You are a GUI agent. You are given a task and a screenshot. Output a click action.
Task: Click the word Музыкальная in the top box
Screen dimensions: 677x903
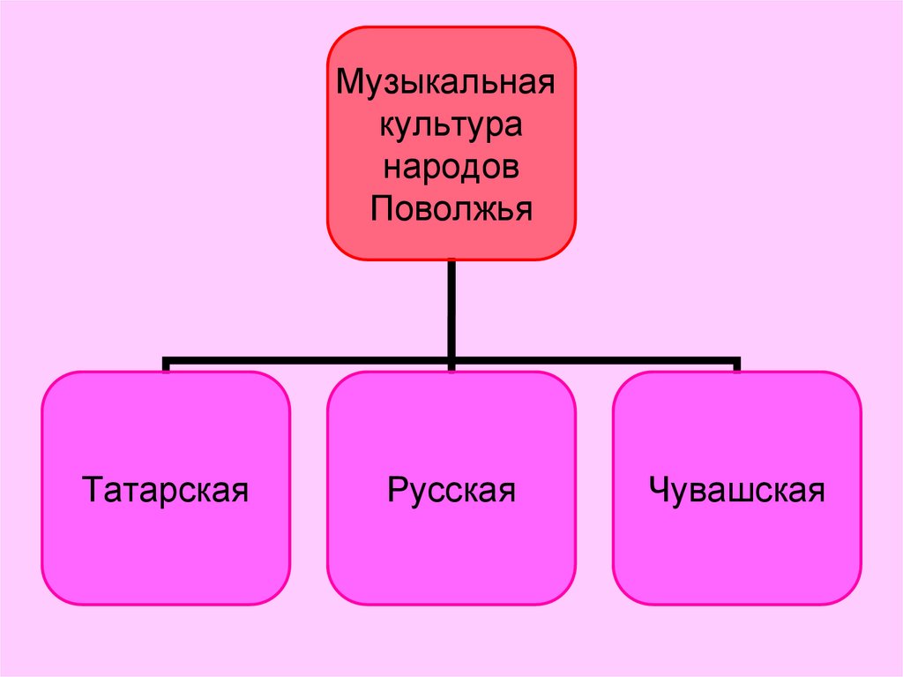coord(447,86)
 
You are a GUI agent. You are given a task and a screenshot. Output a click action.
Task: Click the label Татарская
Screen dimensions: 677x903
coord(166,489)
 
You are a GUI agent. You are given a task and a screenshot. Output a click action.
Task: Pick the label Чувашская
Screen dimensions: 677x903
coord(736,489)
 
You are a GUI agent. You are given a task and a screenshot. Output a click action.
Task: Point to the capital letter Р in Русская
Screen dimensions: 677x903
coord(396,489)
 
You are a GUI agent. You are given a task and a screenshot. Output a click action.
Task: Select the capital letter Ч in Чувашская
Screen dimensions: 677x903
coord(657,489)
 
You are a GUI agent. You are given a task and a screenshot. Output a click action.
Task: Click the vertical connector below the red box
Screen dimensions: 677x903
coord(451,309)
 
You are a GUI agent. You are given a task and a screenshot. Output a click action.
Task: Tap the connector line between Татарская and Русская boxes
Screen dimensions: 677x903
coord(309,362)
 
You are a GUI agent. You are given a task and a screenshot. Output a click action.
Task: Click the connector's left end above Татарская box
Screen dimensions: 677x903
coord(166,364)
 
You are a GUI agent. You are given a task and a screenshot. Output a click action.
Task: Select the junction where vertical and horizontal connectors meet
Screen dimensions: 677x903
coord(451,362)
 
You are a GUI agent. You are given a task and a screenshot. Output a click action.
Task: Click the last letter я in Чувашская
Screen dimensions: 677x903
coord(816,491)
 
